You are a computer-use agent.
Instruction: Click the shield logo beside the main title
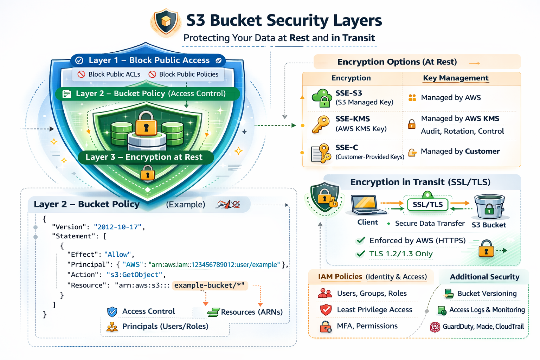(166, 22)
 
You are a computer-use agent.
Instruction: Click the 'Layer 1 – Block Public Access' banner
(149, 60)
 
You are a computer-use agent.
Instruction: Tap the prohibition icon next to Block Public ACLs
(82, 74)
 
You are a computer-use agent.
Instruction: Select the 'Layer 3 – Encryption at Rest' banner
(144, 157)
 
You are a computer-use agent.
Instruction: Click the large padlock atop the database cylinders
(146, 123)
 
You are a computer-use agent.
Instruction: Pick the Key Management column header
(456, 78)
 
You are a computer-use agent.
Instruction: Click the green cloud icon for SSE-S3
(322, 97)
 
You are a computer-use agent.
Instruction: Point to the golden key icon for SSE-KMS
(320, 124)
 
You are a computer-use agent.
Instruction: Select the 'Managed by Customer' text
(460, 152)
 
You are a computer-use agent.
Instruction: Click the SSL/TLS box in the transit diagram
(427, 204)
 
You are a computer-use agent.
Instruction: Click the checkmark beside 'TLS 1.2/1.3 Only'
(361, 254)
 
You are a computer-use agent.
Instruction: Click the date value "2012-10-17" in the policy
(117, 227)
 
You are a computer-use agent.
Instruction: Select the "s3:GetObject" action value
(134, 275)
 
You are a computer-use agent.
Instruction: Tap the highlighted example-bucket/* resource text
(210, 285)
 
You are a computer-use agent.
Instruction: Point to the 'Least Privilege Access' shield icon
(326, 310)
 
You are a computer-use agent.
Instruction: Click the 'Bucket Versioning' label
(487, 294)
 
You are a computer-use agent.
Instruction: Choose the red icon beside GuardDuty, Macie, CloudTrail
(435, 327)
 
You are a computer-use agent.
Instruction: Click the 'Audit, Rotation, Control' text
(462, 131)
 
